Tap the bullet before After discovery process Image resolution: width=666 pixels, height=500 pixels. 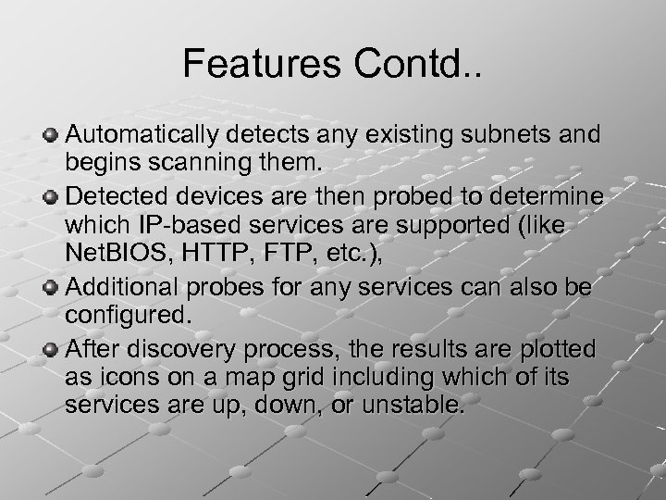point(52,348)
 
